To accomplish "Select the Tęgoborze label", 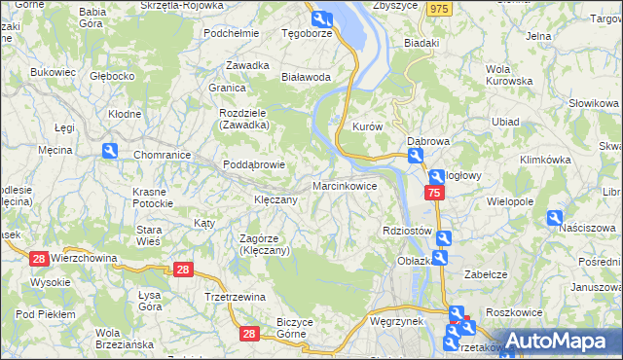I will coord(307,32).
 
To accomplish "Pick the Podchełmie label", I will coord(231,32).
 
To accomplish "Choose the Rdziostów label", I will coord(407,231).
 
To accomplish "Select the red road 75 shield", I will coord(435,194).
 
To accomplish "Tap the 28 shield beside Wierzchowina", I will coord(39,258).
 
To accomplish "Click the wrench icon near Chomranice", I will coord(110,151).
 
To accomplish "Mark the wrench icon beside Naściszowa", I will coord(555,218).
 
